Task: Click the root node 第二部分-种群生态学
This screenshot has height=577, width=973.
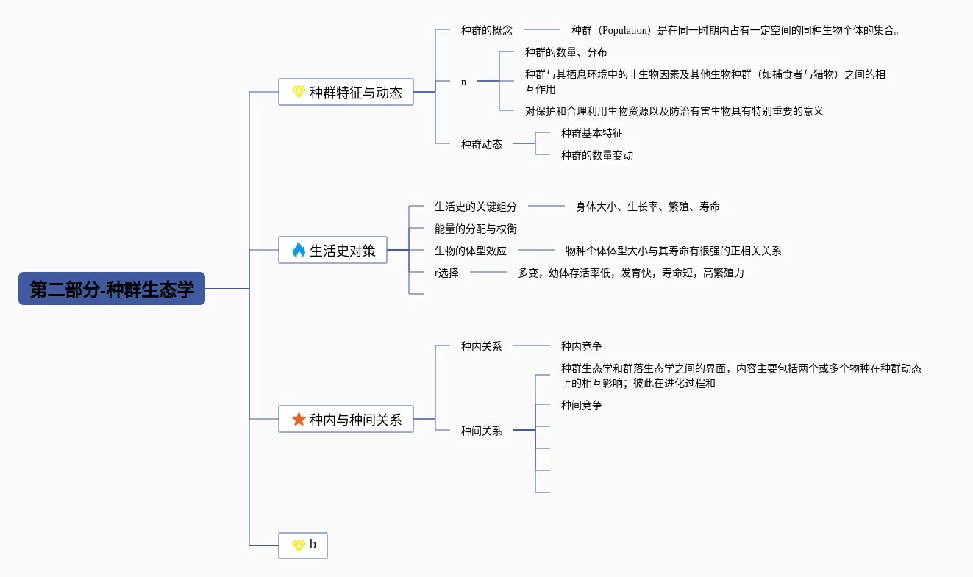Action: pyautogui.click(x=112, y=289)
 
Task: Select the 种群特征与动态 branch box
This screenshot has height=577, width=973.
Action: pyautogui.click(x=346, y=93)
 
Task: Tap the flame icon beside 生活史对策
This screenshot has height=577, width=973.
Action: pyautogui.click(x=299, y=251)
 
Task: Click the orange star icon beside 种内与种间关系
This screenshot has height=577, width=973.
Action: pyautogui.click(x=299, y=420)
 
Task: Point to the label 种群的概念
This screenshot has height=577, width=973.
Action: pyautogui.click(x=486, y=31)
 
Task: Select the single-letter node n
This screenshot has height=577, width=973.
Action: pyautogui.click(x=463, y=82)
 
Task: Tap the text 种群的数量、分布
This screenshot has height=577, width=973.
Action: pyautogui.click(x=566, y=53)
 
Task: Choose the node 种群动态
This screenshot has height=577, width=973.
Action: pyautogui.click(x=481, y=145)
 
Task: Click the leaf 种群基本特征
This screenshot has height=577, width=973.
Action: pyautogui.click(x=591, y=134)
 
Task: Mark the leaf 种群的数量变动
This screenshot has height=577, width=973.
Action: pyautogui.click(x=596, y=156)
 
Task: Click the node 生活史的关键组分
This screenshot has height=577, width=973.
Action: pyautogui.click(x=475, y=207)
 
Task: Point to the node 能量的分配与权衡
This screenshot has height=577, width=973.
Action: pyautogui.click(x=475, y=229)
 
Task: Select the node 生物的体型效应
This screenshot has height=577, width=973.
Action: pyautogui.click(x=470, y=251)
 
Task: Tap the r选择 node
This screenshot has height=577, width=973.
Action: pyautogui.click(x=446, y=273)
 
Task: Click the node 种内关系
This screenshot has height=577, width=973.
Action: pyautogui.click(x=481, y=346)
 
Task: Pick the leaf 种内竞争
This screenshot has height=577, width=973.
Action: pyautogui.click(x=581, y=346)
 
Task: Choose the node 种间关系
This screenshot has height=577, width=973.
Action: pyautogui.click(x=481, y=431)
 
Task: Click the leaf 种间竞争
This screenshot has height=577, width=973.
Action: pyautogui.click(x=581, y=406)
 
